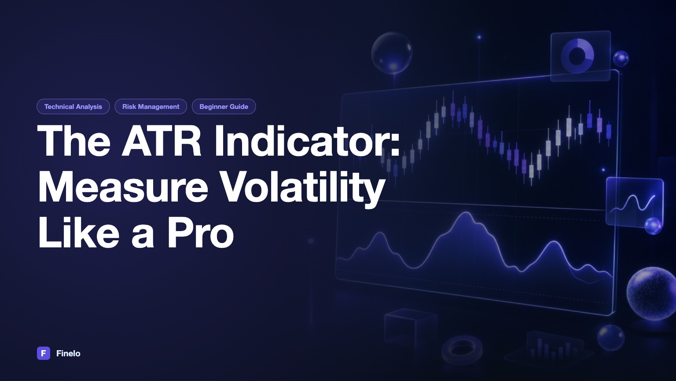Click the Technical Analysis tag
point(73,106)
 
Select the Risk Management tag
point(151,106)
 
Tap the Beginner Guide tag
point(224,106)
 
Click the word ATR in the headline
point(161,141)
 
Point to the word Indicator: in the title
point(307,141)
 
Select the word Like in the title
point(78,233)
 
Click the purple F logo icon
point(44,353)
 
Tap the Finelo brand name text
point(68,354)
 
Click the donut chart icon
point(577,56)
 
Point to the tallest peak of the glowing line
point(466,213)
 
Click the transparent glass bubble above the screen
point(392,53)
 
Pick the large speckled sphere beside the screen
point(651,293)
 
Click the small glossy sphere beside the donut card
point(621,58)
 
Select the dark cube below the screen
point(411,327)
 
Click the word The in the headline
point(74,141)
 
